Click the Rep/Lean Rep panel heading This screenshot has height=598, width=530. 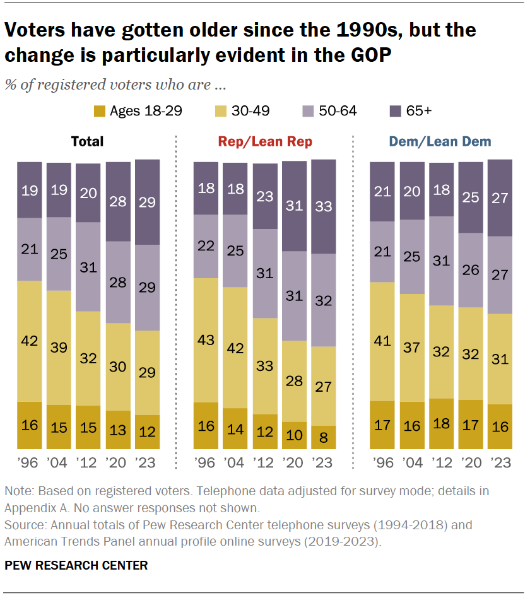tap(264, 142)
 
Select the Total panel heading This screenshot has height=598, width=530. tap(88, 142)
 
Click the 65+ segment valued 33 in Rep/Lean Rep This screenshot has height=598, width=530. tap(324, 206)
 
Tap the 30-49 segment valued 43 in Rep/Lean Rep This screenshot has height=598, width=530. tap(206, 340)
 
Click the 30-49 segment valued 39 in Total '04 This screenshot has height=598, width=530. tap(59, 348)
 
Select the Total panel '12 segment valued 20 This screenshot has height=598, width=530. tap(88, 193)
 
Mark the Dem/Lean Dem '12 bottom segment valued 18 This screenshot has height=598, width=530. tap(440, 423)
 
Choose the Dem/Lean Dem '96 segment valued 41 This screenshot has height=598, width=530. tap(382, 341)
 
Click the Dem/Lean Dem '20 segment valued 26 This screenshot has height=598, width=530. tap(470, 270)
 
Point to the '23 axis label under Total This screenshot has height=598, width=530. tap(147, 462)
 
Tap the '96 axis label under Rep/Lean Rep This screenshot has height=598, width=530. tap(206, 462)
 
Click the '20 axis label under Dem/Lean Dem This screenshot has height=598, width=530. tap(470, 462)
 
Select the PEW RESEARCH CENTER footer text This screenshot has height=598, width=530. tap(76, 566)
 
